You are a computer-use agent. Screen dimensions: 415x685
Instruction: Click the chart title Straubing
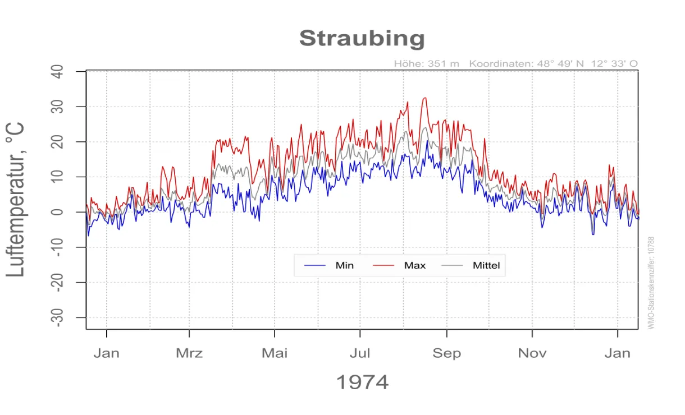point(362,39)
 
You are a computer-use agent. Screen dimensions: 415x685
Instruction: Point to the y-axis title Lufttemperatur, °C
point(16,199)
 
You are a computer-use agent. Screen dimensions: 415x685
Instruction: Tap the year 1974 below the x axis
point(362,382)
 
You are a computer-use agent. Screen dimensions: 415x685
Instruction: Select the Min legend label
point(344,265)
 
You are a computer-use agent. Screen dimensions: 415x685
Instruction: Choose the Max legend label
point(415,265)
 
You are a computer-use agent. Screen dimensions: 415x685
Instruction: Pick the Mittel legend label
point(486,265)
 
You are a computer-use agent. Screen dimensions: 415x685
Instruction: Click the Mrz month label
point(189,353)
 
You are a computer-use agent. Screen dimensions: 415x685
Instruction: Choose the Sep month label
point(446,353)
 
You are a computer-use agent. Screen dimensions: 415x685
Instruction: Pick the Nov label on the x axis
point(532,353)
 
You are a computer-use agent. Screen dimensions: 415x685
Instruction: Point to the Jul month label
point(360,353)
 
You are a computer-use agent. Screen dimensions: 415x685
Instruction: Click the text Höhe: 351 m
point(427,64)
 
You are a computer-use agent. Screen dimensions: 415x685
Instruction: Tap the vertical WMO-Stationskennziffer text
point(651,283)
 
